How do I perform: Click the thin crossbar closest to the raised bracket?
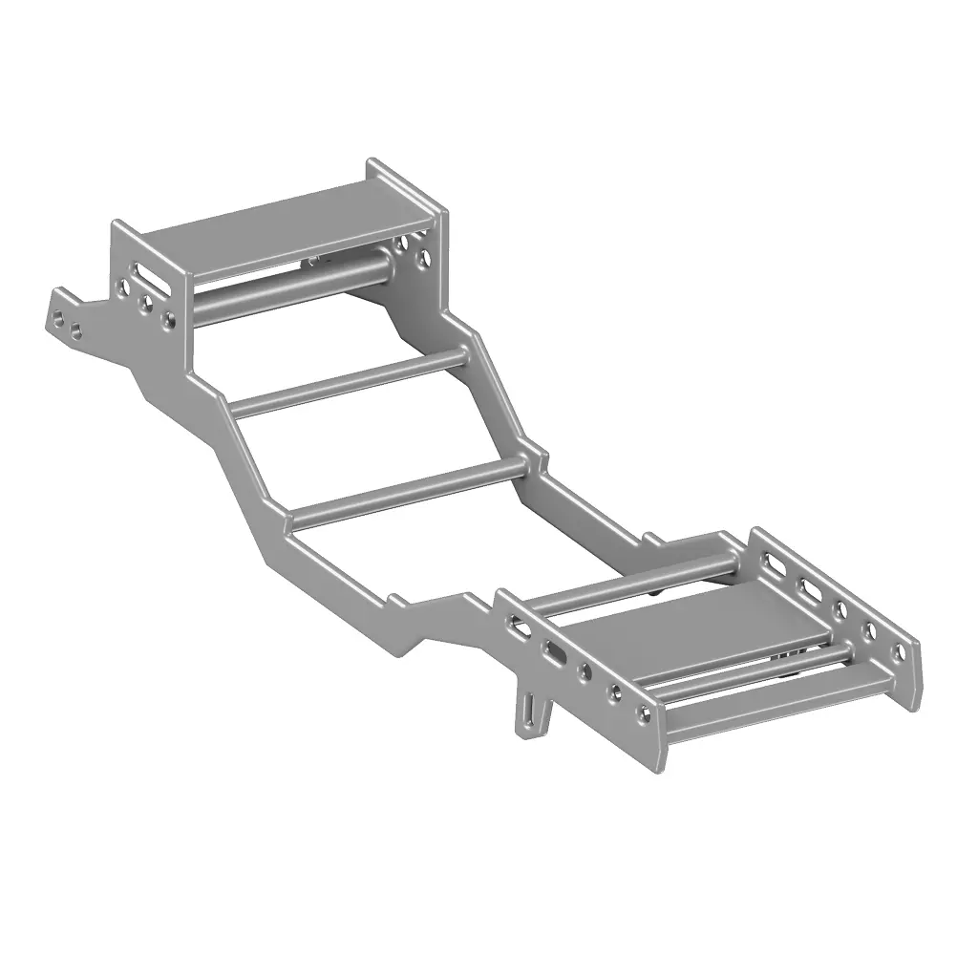(x=349, y=383)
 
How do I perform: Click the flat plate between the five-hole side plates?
(x=697, y=630)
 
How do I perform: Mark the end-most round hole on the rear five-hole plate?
(x=898, y=653)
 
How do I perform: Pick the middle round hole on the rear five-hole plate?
(x=840, y=609)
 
